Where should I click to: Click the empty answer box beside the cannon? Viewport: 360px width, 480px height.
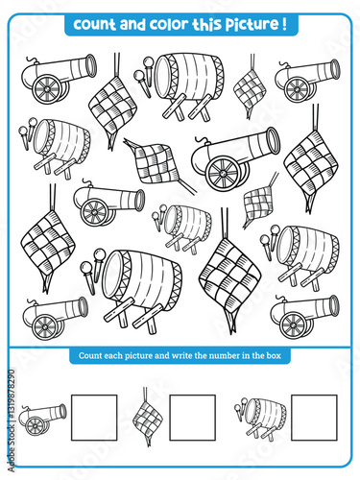point(93,417)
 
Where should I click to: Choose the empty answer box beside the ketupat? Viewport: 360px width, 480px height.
point(192,417)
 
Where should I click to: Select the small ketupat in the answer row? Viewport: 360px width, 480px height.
point(146,415)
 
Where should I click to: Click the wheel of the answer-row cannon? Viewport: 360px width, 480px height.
point(36,426)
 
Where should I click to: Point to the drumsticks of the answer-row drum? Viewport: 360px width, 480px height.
point(240,407)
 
